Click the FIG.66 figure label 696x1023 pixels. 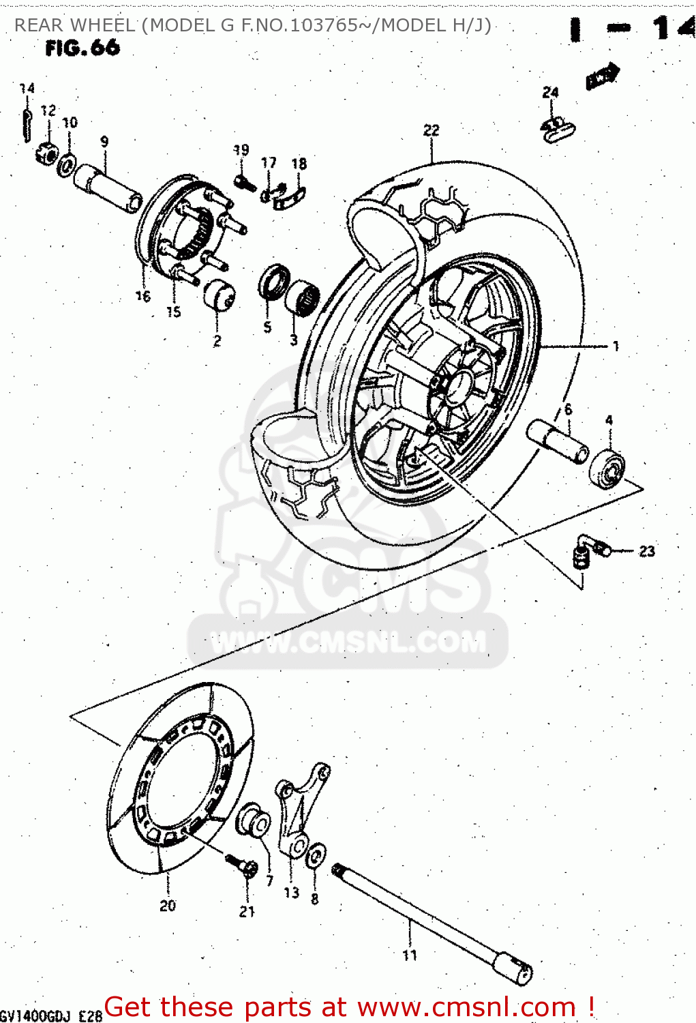coord(82,48)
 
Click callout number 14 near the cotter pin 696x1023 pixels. coord(27,88)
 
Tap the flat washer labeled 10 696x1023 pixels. coord(67,164)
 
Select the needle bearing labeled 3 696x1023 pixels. coord(303,297)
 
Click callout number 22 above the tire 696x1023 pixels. coord(431,130)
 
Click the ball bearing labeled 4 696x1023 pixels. coord(607,469)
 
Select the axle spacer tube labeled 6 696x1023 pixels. coord(557,441)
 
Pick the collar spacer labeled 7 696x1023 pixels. coord(254,822)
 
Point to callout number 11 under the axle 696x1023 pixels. coord(409,955)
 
